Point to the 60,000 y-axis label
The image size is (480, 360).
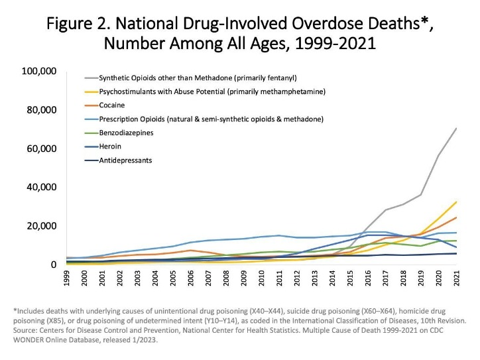click(40, 149)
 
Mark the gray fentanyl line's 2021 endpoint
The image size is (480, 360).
click(455, 128)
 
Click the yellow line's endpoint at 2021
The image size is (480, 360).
click(455, 202)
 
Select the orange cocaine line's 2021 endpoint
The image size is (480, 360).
click(455, 217)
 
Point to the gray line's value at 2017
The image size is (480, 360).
click(385, 210)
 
